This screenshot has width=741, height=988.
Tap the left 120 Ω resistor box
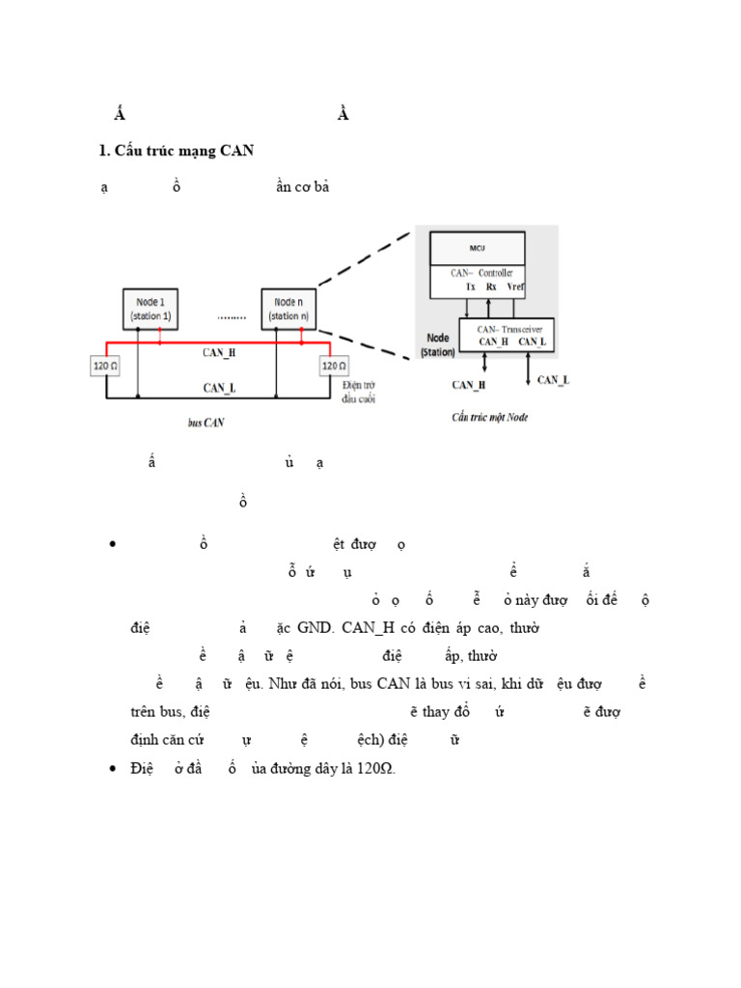[x=107, y=367]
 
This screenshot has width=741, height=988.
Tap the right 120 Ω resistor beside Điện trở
[x=333, y=367]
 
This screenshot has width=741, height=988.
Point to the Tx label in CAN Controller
[x=470, y=287]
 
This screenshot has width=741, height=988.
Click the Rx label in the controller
[x=491, y=287]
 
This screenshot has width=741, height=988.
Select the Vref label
[x=515, y=287]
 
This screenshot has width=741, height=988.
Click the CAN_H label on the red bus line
[x=219, y=352]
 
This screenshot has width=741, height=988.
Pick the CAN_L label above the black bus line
[x=219, y=387]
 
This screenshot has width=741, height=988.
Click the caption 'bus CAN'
[x=206, y=423]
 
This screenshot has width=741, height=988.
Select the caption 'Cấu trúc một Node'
[x=490, y=417]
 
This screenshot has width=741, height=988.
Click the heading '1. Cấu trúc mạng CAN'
[x=176, y=151]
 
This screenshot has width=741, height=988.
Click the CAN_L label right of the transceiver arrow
[x=553, y=379]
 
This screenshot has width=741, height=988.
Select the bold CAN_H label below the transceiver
[x=469, y=385]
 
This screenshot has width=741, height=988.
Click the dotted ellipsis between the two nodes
[x=231, y=316]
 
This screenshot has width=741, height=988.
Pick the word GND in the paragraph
[x=311, y=627]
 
